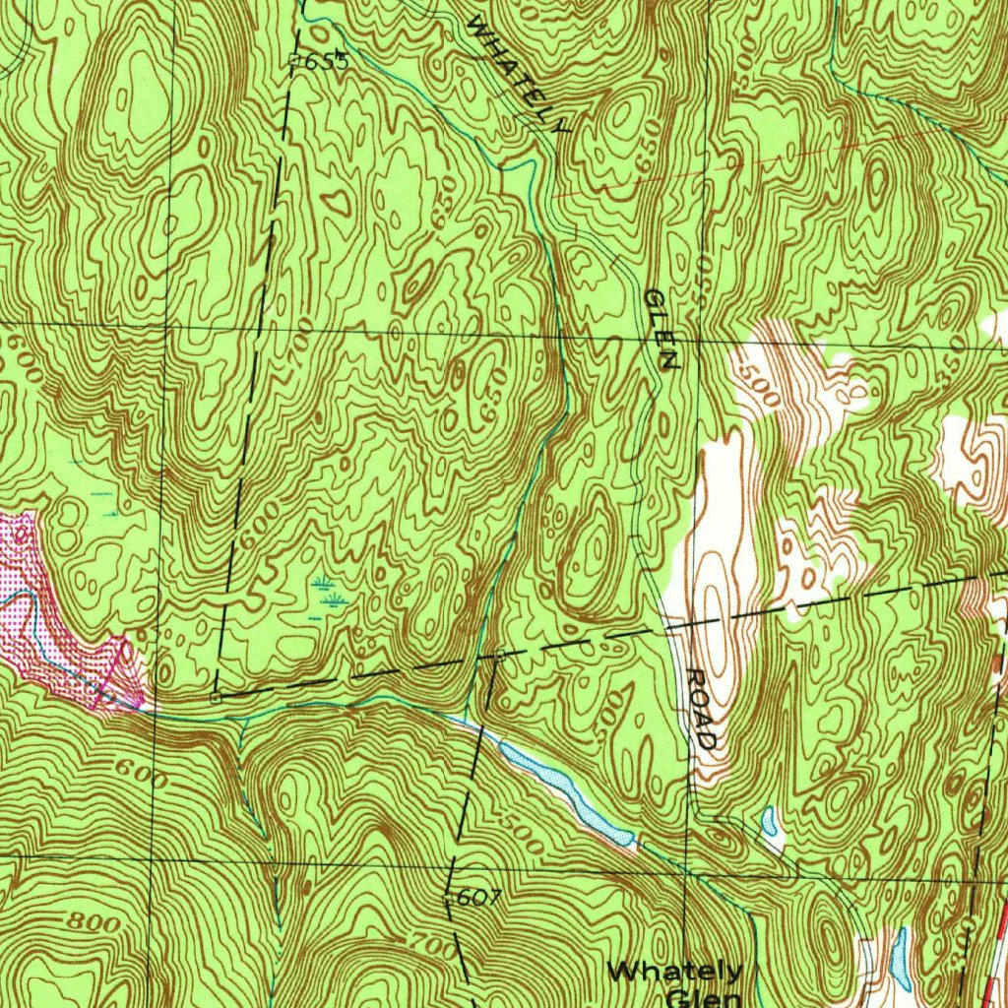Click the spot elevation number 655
[327, 61]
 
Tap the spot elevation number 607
[479, 897]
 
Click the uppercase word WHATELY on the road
[518, 74]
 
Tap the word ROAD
[702, 709]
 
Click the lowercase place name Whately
[674, 972]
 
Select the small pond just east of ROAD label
[770, 819]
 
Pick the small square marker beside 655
[295, 61]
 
